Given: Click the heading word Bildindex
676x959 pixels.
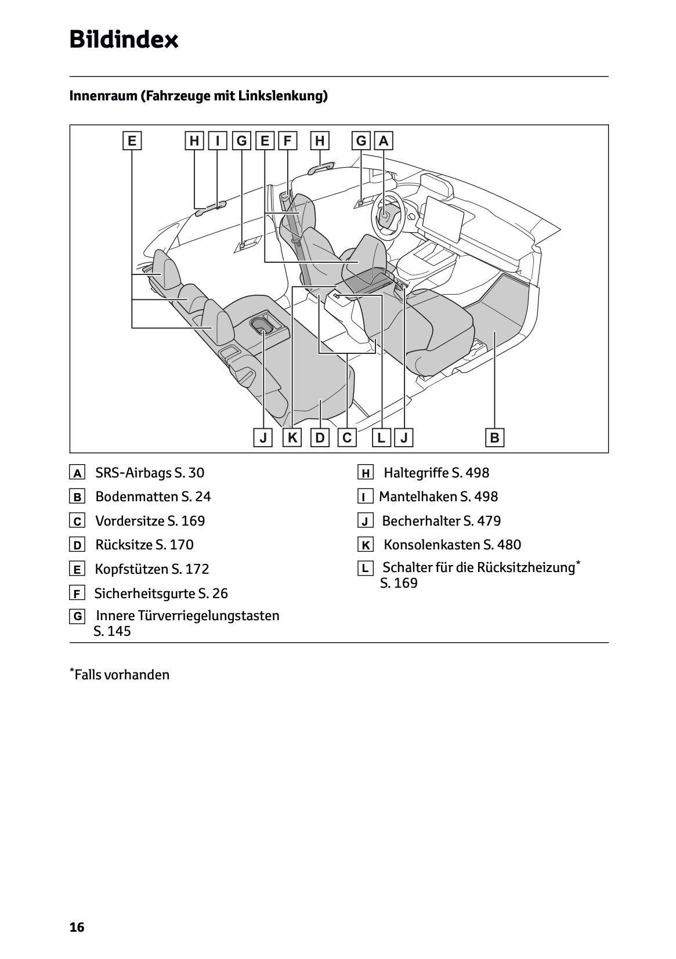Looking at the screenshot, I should click(x=124, y=40).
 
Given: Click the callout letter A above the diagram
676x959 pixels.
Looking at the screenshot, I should click(x=384, y=141).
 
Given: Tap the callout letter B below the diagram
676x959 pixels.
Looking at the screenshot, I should click(x=494, y=437).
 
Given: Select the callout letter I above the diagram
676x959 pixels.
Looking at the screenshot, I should click(x=217, y=141).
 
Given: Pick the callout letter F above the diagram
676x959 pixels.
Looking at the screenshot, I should click(x=287, y=141).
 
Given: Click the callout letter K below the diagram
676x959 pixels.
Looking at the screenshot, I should click(x=292, y=437).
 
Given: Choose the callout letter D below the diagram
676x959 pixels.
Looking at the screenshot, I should click(x=320, y=437).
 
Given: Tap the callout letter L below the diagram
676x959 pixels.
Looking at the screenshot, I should click(x=381, y=437).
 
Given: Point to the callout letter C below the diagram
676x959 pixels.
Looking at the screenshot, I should click(x=347, y=437).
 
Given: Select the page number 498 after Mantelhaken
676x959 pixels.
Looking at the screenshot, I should click(x=486, y=497).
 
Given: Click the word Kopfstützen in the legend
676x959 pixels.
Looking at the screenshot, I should click(x=131, y=569).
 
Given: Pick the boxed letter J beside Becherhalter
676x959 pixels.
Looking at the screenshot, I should click(x=365, y=522).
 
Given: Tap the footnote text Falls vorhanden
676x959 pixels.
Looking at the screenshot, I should click(x=122, y=675).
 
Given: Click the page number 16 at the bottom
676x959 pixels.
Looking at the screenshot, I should click(x=77, y=927).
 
